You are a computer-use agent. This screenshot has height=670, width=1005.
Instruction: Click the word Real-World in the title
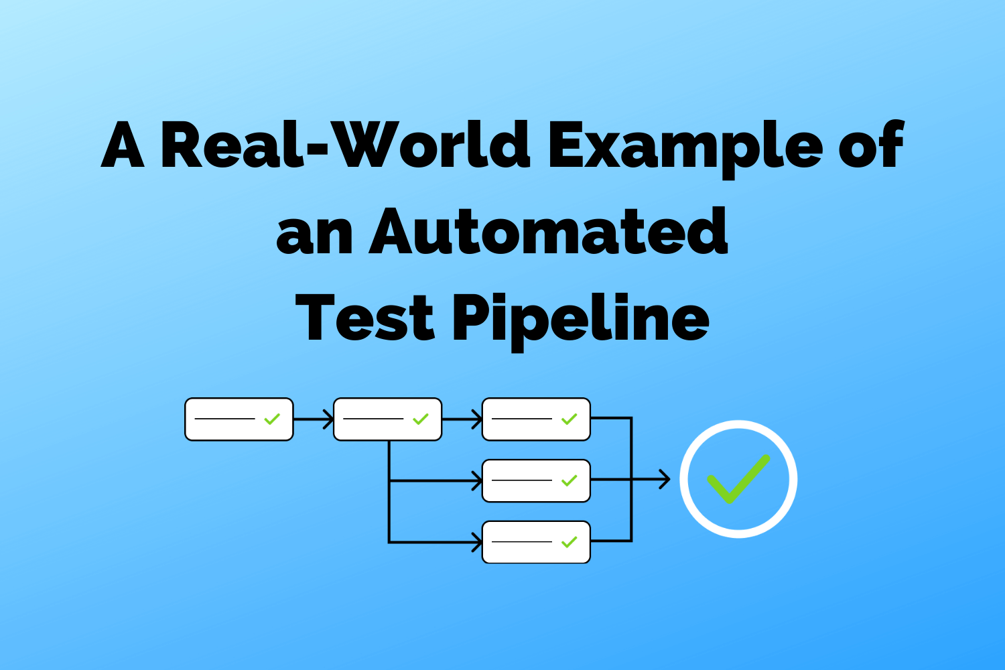345,145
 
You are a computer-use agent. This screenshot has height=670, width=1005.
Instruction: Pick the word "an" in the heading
314,234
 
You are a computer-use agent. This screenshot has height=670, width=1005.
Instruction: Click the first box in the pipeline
239,419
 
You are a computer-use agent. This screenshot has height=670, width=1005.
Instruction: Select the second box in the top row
387,419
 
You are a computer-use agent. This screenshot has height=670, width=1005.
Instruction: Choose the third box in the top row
536,419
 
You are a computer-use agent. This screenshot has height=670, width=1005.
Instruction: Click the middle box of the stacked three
536,480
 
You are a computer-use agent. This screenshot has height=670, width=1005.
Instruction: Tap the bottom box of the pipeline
536,542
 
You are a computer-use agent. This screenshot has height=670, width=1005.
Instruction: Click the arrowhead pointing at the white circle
665,479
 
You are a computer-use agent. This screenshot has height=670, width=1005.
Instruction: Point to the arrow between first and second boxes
313,419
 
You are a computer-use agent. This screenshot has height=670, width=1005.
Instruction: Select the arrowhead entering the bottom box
477,542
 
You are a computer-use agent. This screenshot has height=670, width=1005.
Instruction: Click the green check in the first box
271,419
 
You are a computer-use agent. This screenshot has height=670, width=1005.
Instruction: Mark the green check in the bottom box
569,542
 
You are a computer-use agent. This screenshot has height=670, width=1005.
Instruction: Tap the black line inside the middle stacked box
521,480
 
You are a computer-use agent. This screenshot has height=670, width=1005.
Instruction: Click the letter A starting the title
123,145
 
